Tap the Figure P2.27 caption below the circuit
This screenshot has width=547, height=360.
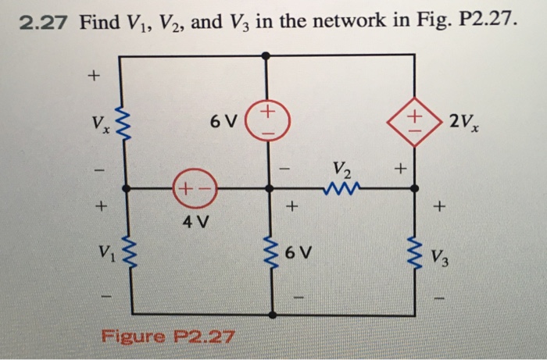(167, 337)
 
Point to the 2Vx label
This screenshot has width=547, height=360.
(467, 121)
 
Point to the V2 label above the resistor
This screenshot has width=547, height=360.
(341, 168)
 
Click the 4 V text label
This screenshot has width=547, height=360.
(195, 221)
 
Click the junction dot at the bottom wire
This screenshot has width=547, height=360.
(271, 315)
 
